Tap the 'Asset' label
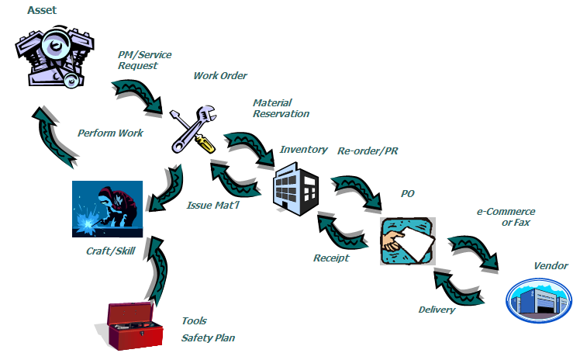[x=44, y=10]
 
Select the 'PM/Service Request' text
[x=144, y=61]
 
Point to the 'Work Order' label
[x=220, y=76]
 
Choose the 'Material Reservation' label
[x=281, y=108]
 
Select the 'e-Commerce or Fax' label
[x=506, y=217]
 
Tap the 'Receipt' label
[x=331, y=258]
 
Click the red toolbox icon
[x=134, y=324]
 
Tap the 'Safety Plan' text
[x=208, y=337]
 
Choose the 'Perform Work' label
[x=110, y=133]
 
